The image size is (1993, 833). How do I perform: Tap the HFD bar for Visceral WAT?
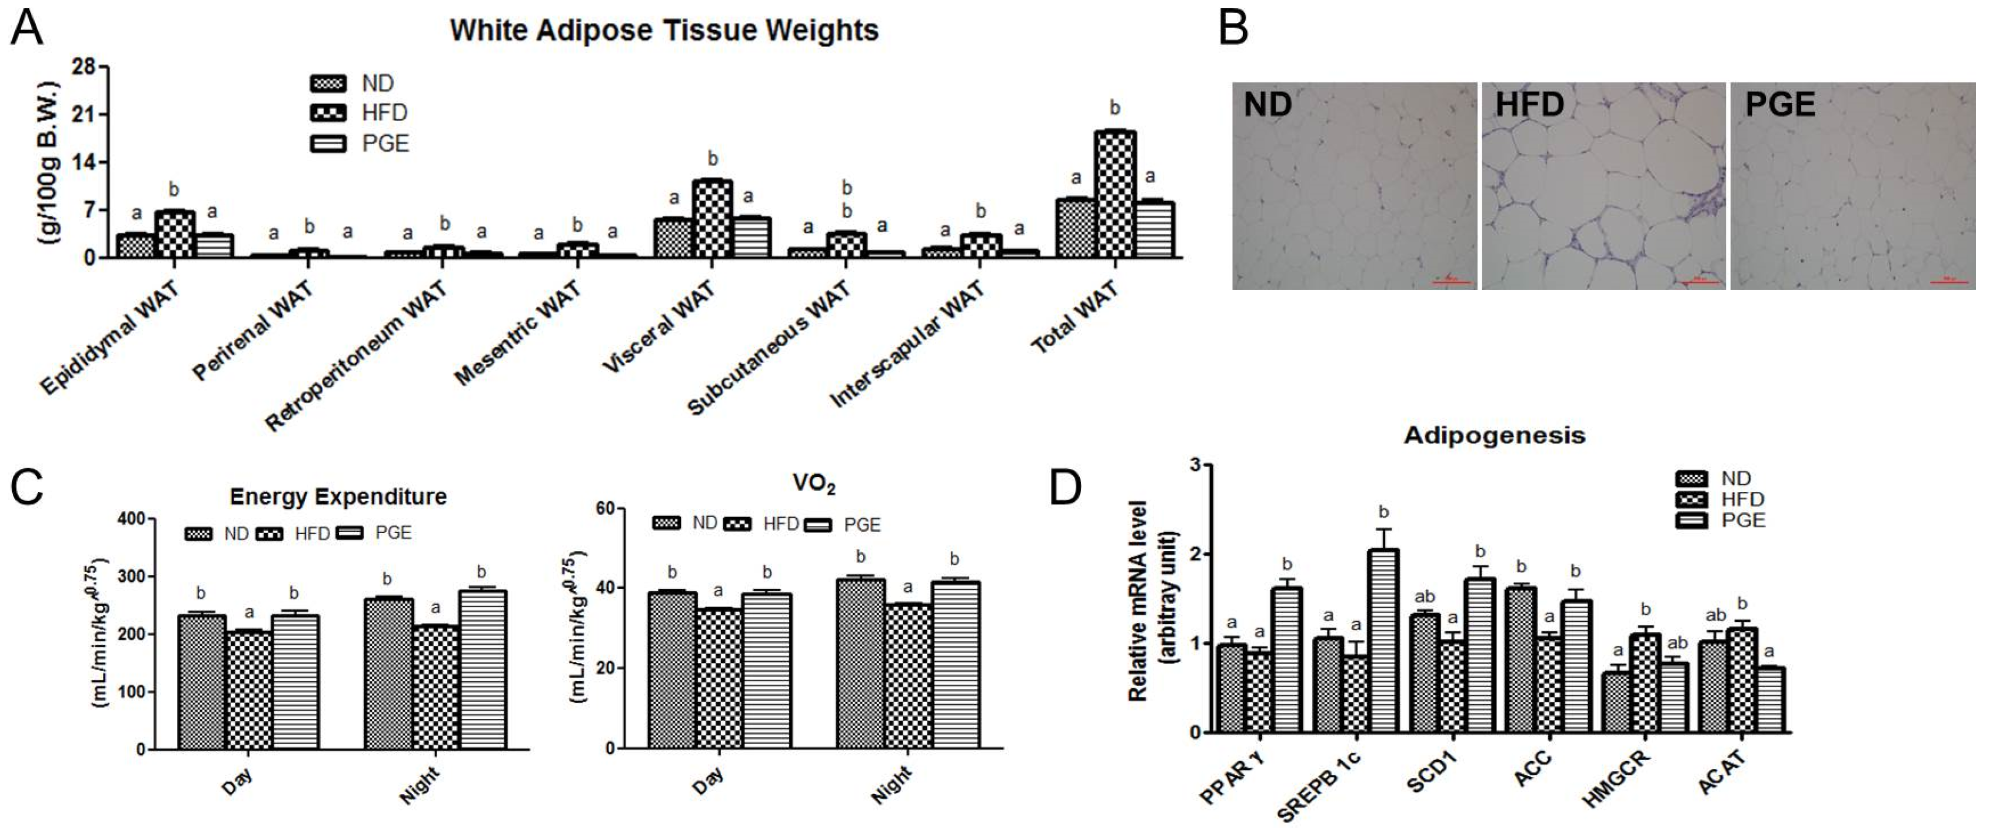pos(712,218)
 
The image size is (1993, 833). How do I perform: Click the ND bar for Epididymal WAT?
pos(136,245)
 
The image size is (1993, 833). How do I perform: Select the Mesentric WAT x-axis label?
pos(518,334)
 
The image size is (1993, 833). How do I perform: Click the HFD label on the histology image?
pos(1529,104)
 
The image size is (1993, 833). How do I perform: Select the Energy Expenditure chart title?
pos(338,497)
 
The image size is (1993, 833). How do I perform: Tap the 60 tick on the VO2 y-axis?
pos(604,508)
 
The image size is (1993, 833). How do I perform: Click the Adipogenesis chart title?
pos(1494,435)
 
